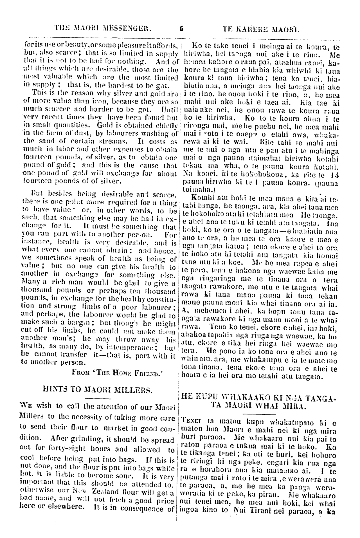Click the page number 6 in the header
pyautogui.click(x=181, y=28)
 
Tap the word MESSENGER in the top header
pyautogui.click(x=127, y=28)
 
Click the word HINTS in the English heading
pyautogui.click(x=53, y=390)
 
